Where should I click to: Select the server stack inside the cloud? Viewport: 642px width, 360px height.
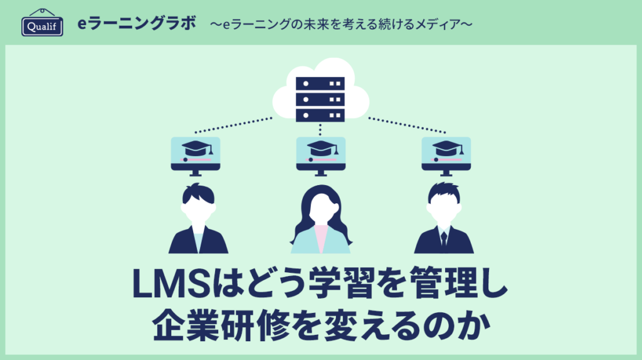point(320,98)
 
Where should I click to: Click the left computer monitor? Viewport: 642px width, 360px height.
point(196,154)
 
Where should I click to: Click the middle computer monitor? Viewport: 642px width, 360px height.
point(320,154)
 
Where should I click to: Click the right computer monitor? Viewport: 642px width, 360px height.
point(446,154)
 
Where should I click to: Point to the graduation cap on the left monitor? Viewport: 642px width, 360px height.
point(196,149)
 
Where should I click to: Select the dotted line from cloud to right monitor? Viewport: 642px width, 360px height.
point(407,125)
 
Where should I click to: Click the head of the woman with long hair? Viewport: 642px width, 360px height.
point(320,208)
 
